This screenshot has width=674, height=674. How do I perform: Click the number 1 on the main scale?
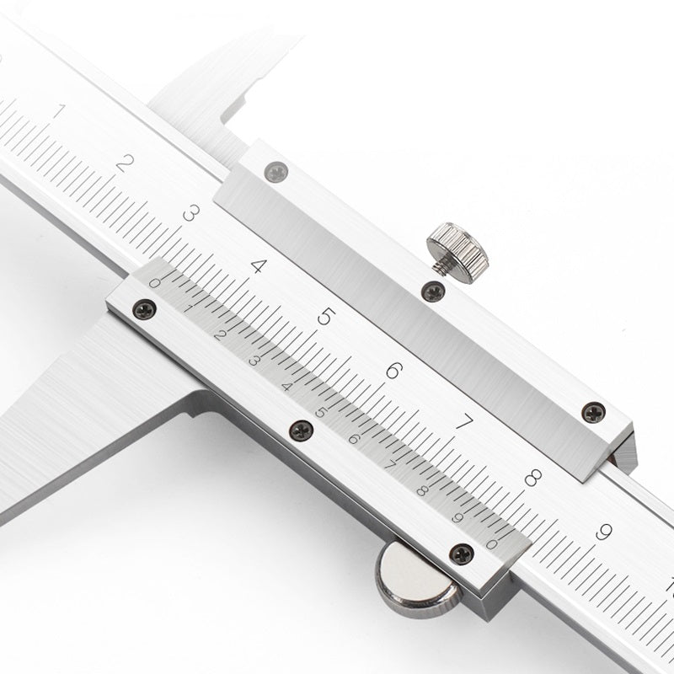pyautogui.click(x=58, y=110)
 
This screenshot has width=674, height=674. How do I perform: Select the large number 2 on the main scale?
pyautogui.click(x=124, y=162)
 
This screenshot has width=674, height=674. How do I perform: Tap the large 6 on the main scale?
pyautogui.click(x=393, y=370)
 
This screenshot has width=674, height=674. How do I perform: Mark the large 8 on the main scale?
pyautogui.click(x=532, y=478)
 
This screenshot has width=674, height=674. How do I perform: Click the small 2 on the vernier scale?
pyautogui.click(x=221, y=335)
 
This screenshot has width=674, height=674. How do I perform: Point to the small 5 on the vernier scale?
pyautogui.click(x=320, y=412)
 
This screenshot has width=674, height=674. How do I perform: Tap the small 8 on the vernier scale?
pyautogui.click(x=422, y=491)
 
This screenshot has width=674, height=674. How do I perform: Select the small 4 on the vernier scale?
pyautogui.click(x=287, y=387)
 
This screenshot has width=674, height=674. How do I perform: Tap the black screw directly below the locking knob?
pyautogui.click(x=433, y=292)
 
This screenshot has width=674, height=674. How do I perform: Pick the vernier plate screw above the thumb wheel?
pyautogui.click(x=459, y=552)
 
